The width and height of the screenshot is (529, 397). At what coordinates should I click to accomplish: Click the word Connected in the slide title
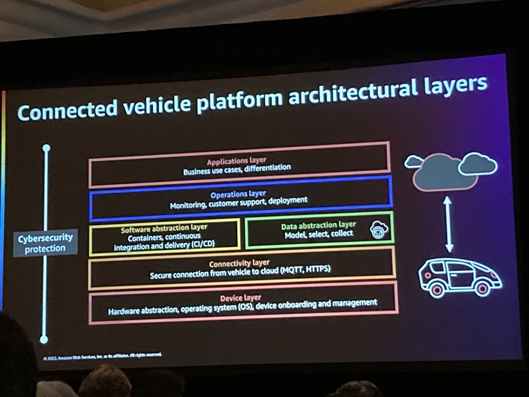[x=68, y=109]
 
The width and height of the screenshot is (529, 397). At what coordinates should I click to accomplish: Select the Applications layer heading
[x=236, y=161]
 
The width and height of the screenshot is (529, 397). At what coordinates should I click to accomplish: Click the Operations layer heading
[x=238, y=194]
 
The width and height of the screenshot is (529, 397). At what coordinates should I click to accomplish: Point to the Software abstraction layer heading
[x=164, y=228]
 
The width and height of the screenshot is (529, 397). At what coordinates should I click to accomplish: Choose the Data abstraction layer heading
[x=318, y=225]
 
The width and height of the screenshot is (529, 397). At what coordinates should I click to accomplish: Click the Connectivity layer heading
[x=239, y=263]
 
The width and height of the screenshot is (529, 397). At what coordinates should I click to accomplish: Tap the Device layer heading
[x=241, y=298]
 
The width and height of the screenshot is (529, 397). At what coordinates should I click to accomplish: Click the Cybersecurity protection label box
[x=45, y=243]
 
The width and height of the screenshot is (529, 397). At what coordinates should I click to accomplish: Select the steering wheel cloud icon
[x=379, y=230]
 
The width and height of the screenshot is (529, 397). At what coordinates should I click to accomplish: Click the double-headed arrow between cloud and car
[x=448, y=224]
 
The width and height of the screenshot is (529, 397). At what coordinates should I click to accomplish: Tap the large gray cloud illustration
[x=445, y=172]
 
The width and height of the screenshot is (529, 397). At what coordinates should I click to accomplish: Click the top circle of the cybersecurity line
[x=46, y=148]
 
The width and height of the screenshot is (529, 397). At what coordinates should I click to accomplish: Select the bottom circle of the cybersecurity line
[x=44, y=340]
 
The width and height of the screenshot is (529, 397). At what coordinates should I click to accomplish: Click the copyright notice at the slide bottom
[x=102, y=356]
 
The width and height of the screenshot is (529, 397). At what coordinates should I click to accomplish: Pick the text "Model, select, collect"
[x=319, y=234]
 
